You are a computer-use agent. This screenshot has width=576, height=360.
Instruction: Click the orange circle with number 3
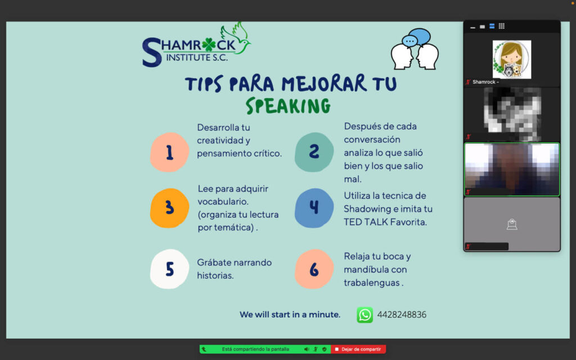(169, 208)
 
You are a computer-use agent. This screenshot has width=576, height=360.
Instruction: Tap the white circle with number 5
(169, 269)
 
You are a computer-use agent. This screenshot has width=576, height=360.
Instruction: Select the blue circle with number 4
(314, 208)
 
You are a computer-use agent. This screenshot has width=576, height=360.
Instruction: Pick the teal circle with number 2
(314, 152)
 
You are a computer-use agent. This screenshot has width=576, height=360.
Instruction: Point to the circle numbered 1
(169, 152)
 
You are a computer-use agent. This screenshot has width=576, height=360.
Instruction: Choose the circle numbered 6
(314, 269)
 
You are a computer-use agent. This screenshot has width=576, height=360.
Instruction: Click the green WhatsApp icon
(364, 315)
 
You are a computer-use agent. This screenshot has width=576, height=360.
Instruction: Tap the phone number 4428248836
(402, 314)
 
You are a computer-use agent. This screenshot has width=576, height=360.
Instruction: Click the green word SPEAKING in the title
(289, 106)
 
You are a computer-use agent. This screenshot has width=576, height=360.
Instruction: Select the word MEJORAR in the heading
(324, 83)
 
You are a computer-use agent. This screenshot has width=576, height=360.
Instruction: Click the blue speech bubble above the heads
(420, 37)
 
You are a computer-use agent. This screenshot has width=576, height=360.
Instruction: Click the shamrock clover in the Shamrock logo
(209, 45)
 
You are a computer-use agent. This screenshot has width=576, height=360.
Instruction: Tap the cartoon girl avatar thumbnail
(512, 60)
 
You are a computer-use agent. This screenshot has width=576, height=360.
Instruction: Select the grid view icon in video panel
(501, 26)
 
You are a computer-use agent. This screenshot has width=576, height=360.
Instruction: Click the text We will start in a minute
(290, 314)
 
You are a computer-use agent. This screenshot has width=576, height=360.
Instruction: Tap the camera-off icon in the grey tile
(512, 224)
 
